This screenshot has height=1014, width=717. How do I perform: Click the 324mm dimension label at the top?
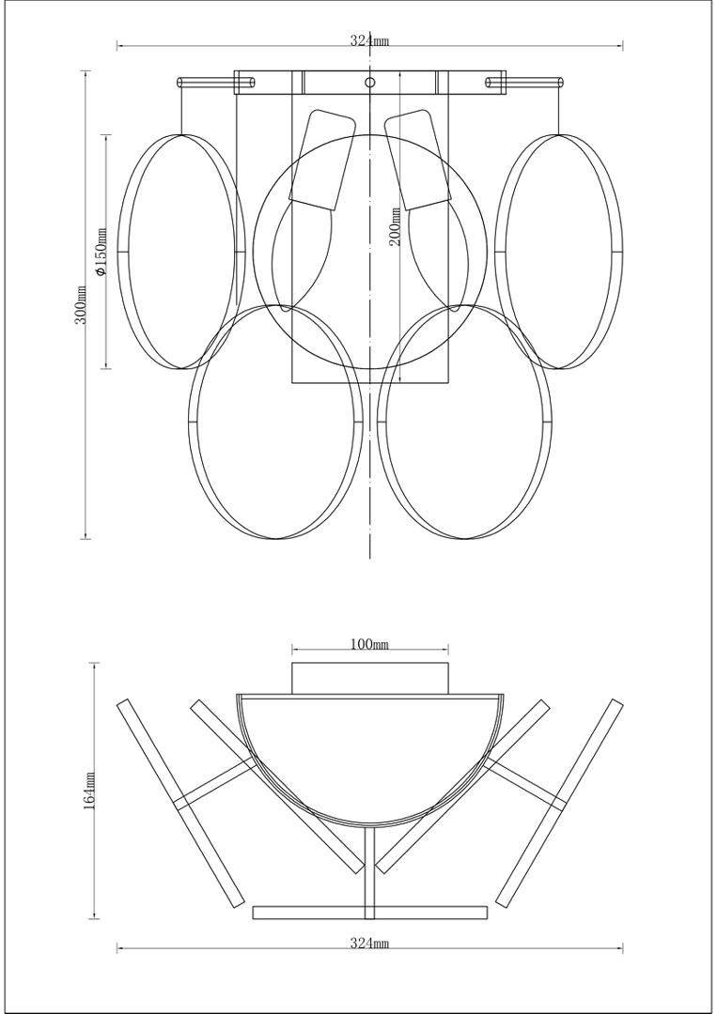[369, 40]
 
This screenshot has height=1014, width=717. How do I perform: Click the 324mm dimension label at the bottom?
[369, 944]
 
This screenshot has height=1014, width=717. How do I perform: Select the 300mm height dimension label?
[82, 304]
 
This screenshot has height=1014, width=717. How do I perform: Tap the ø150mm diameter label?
[101, 253]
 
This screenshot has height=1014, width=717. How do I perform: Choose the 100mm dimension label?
[369, 644]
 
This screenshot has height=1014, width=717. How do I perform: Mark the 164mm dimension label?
[89, 791]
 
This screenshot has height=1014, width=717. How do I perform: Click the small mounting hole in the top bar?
[369, 82]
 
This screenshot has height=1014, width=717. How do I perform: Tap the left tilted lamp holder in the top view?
[322, 160]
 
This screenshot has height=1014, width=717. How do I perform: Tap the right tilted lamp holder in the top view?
[418, 160]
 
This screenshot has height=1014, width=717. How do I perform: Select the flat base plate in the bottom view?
[369, 913]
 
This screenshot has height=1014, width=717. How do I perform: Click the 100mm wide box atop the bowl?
[369, 679]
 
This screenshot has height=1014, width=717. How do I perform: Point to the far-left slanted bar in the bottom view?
[180, 803]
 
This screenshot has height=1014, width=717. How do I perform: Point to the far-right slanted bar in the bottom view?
[558, 803]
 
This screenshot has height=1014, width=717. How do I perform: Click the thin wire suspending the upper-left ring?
[181, 111]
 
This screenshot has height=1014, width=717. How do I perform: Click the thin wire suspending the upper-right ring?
[558, 111]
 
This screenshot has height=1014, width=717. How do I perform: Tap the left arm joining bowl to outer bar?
[216, 781]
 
